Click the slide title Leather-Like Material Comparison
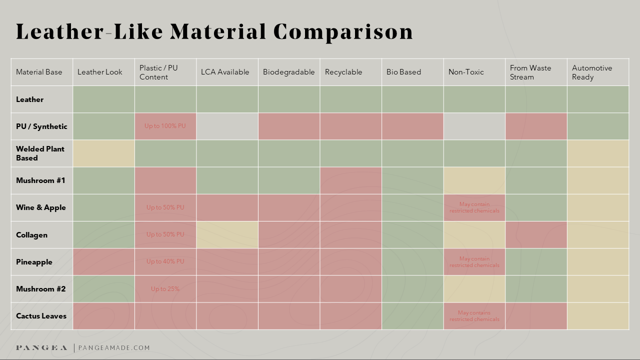[x=214, y=32]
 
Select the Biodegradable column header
[x=288, y=72]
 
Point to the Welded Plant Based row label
[x=40, y=153]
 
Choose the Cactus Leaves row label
[x=41, y=316]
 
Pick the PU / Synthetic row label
[x=41, y=126]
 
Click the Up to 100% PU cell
[x=165, y=126]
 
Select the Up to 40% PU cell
[x=165, y=261]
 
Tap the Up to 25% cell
[x=165, y=289]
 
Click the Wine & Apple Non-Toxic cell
[x=474, y=207]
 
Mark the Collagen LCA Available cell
[x=227, y=235]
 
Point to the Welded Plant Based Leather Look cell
[x=103, y=153]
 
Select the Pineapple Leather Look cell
[x=103, y=262]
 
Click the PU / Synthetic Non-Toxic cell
[x=474, y=126]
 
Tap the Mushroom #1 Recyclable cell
[x=350, y=180]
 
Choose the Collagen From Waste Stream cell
[x=536, y=235]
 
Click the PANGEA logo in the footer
[x=41, y=348]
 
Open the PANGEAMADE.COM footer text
[x=114, y=348]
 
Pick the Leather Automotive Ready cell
[x=598, y=99]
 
